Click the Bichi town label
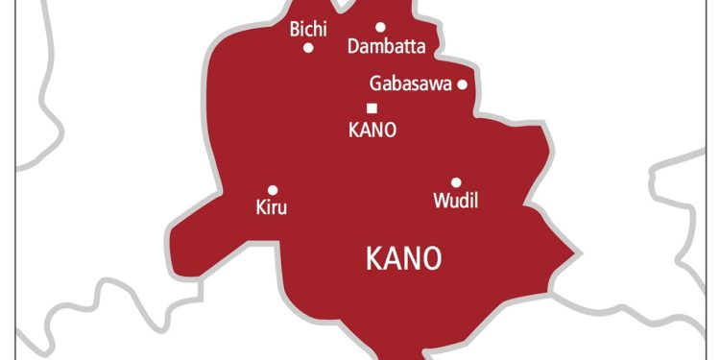(308, 30)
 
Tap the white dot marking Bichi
(308, 47)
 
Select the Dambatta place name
(387, 46)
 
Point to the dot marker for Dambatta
(380, 28)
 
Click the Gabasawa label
(410, 84)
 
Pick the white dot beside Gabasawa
(462, 84)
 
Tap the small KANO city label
(372, 130)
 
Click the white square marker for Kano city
(372, 108)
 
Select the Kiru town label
(272, 207)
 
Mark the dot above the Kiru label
(273, 190)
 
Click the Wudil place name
(456, 202)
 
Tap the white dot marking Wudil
(456, 182)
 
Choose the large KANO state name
(404, 258)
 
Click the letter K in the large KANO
(374, 258)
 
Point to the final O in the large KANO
(432, 258)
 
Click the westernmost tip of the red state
(169, 234)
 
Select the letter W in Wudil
(441, 202)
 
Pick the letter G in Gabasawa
(376, 84)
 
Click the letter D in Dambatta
(353, 46)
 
